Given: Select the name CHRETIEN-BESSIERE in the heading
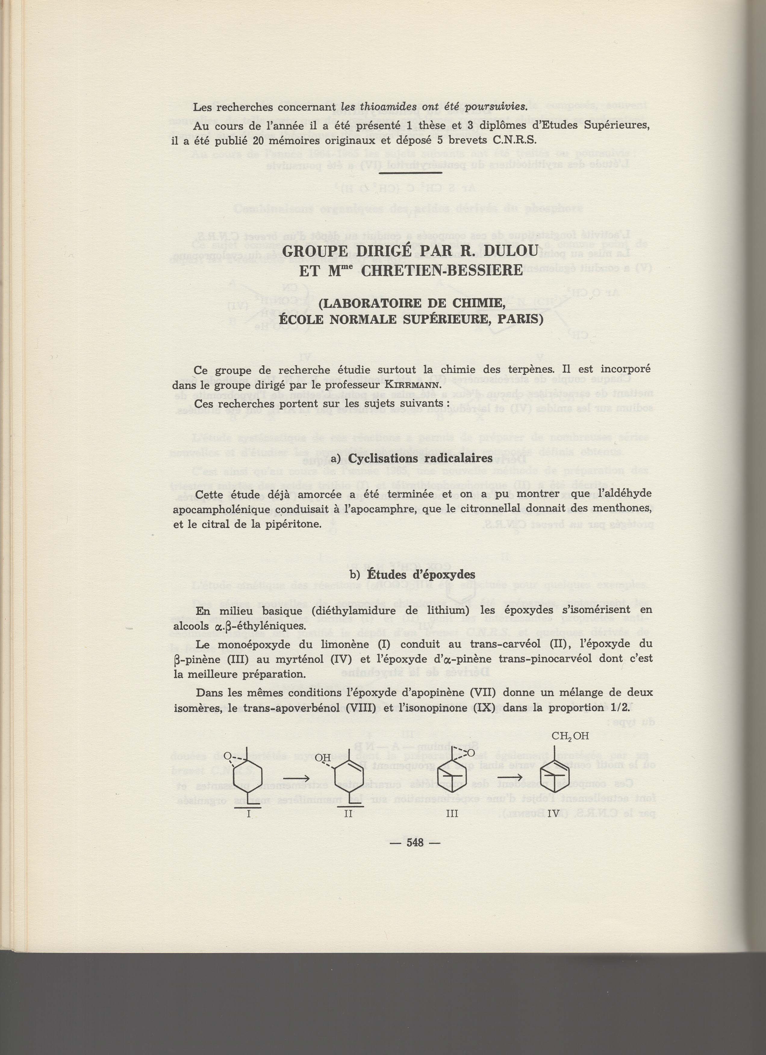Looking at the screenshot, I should coord(441,271).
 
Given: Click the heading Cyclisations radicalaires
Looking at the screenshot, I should coord(420,458).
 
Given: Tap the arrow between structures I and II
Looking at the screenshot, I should coord(297,778).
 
